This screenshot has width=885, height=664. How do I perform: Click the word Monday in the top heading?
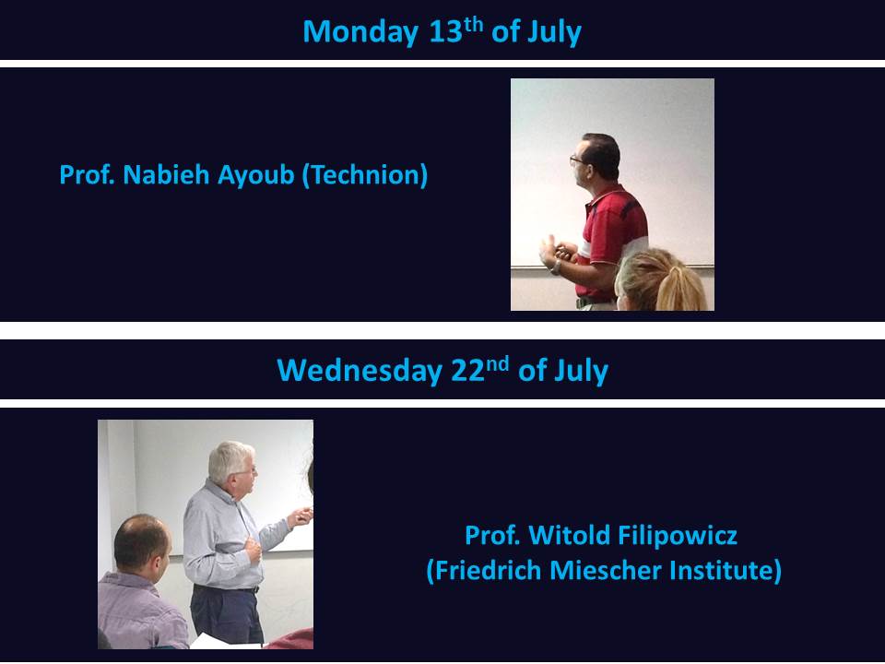point(360,32)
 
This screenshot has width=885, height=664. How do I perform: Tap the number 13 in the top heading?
point(446,31)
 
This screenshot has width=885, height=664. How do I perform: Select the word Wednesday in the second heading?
point(360,371)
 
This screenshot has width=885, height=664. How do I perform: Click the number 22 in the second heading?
point(468,371)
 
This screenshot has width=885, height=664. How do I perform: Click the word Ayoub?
point(255,175)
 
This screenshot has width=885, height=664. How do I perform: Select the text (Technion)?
point(365,175)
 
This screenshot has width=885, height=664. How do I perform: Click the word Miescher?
point(606,570)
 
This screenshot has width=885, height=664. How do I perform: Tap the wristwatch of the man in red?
point(557,267)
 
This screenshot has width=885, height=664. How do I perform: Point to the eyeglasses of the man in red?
point(577,160)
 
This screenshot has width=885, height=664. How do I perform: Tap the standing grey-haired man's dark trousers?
point(227,614)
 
